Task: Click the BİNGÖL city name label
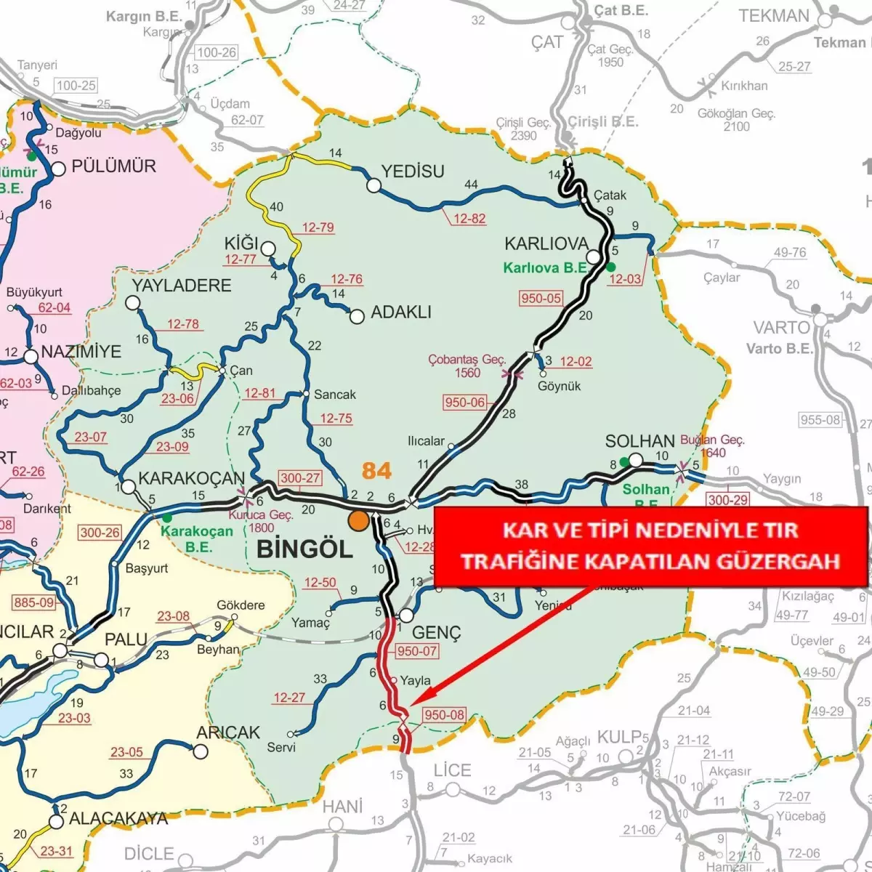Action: (x=304, y=549)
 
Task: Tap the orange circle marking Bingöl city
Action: (x=358, y=520)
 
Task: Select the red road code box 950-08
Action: (x=443, y=714)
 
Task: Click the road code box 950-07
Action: (x=417, y=651)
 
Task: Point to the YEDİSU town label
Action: (x=413, y=171)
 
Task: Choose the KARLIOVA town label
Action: (x=546, y=243)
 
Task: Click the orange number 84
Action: (x=376, y=471)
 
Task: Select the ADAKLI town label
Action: (x=400, y=312)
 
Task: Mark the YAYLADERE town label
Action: (x=181, y=285)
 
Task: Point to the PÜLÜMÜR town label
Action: (x=113, y=166)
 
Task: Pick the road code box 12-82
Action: (x=469, y=219)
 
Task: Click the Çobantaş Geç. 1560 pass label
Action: (x=467, y=366)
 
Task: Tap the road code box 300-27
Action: (x=300, y=477)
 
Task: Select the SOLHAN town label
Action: (x=639, y=441)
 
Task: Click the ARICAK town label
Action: (x=227, y=732)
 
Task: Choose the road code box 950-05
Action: (x=541, y=298)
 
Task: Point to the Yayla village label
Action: (x=416, y=681)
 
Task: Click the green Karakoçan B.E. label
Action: (x=196, y=538)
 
